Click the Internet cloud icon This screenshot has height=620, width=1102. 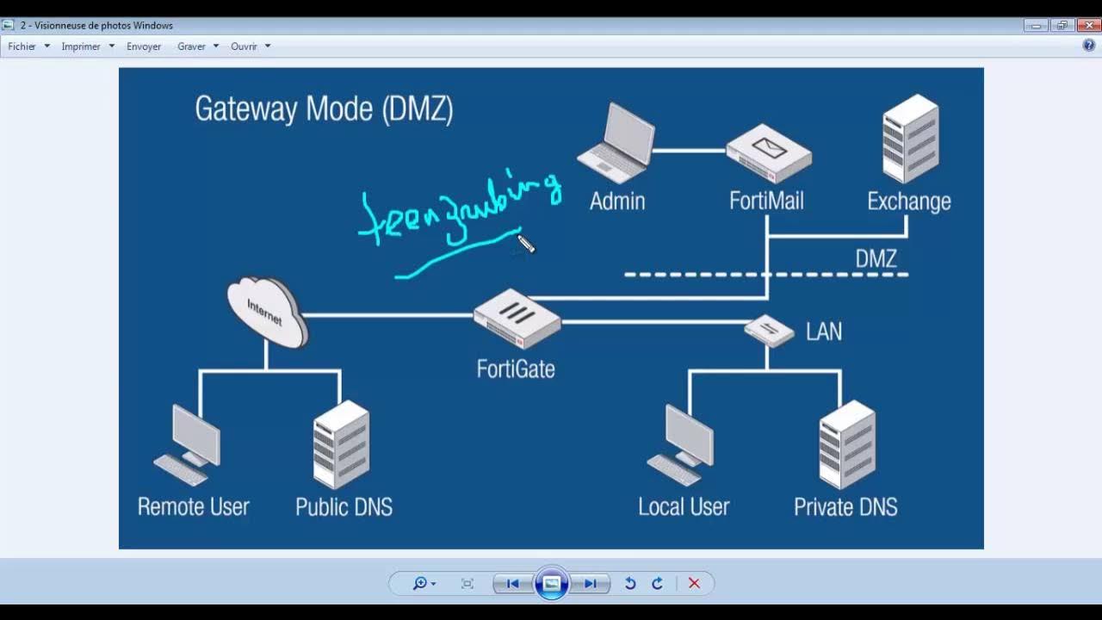point(267,312)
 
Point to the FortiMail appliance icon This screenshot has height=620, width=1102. point(768,152)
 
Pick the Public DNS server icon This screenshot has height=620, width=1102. point(341,444)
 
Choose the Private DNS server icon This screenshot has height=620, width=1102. point(846,444)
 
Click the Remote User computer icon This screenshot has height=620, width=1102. point(189,444)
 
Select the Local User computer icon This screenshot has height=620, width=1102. point(682,444)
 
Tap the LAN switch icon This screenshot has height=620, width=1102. point(769,330)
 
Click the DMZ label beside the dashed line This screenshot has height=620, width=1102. point(876,258)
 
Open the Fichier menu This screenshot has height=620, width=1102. point(22,46)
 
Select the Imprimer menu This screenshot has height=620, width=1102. point(81,46)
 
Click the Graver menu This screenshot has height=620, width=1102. point(191,46)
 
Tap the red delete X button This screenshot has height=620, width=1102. point(694,583)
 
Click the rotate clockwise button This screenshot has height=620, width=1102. point(657,583)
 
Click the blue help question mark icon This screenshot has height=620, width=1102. point(1089,46)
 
